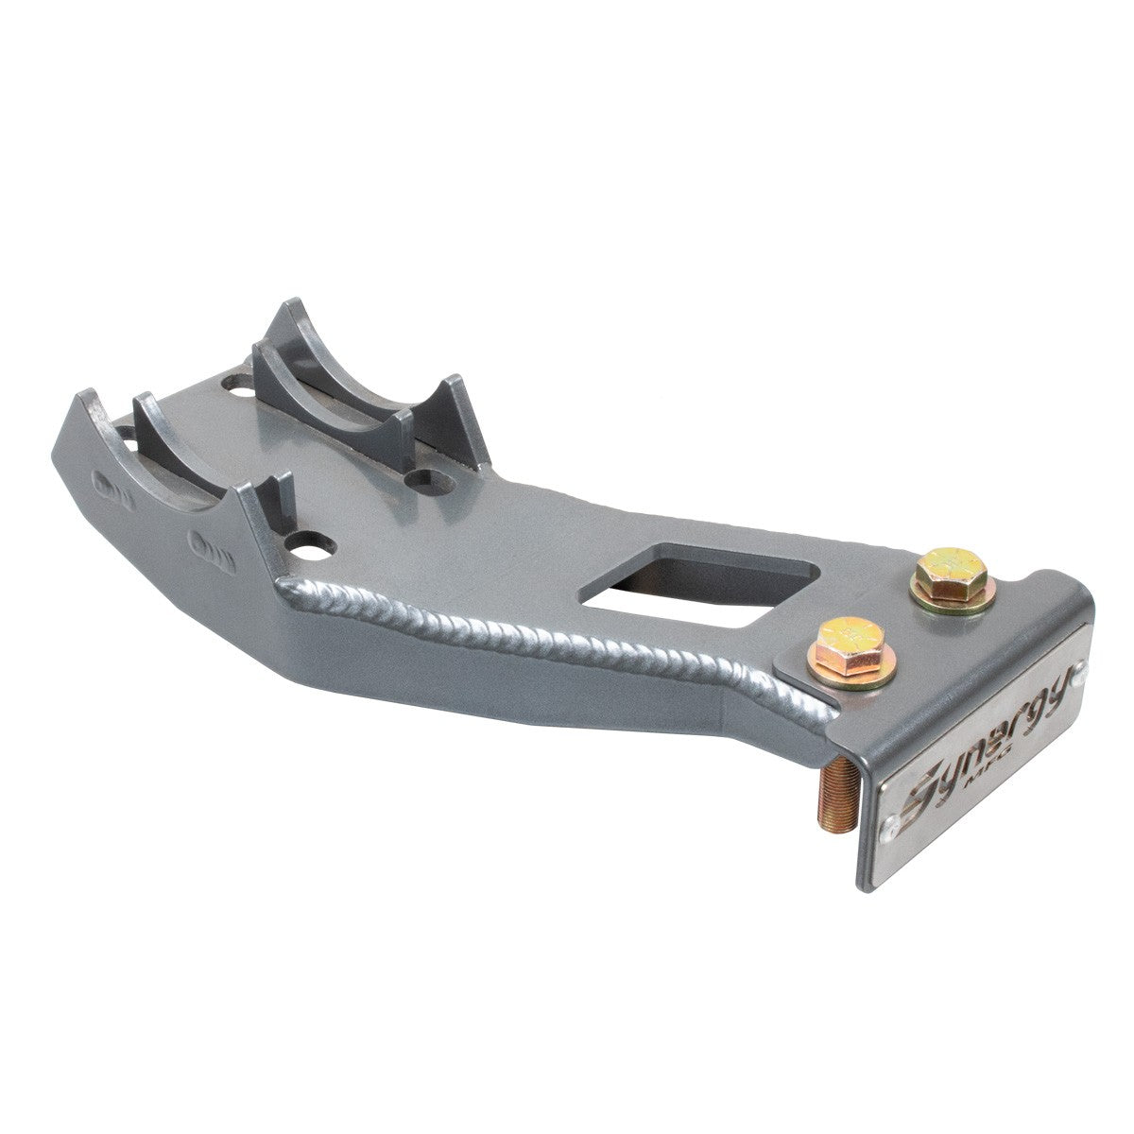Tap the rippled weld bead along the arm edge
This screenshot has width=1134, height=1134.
click(567, 643)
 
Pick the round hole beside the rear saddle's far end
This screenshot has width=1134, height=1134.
click(233, 387)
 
